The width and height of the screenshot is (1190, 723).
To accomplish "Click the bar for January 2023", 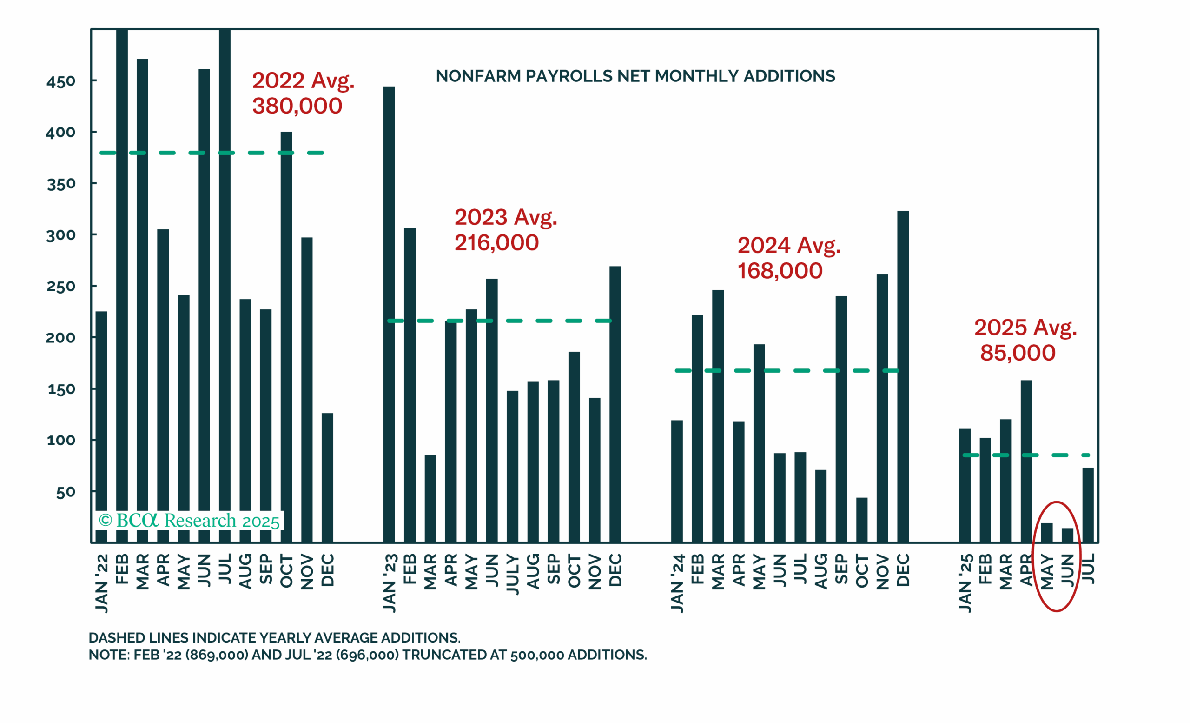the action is click(389, 314).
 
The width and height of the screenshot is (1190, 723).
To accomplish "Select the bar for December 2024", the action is click(903, 376).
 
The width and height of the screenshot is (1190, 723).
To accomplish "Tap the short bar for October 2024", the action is click(862, 520).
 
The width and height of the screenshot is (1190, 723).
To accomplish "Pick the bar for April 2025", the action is click(1026, 461).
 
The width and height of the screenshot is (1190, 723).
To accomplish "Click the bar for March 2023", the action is click(430, 499).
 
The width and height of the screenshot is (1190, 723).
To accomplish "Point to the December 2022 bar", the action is click(327, 477).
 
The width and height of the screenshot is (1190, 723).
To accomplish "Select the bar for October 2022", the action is click(286, 337).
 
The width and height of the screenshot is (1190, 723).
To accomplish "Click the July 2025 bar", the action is click(1088, 505).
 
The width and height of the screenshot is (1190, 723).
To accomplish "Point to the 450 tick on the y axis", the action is click(61, 81).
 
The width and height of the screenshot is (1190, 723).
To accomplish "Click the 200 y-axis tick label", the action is click(61, 337).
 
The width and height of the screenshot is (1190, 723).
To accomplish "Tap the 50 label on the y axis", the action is click(66, 492).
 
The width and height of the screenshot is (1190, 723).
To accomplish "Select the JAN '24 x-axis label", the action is click(677, 584).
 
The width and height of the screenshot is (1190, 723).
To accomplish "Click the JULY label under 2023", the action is click(512, 574).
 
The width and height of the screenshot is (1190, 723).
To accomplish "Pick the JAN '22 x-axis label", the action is click(101, 584).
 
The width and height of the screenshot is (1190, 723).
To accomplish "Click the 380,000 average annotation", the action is click(297, 106).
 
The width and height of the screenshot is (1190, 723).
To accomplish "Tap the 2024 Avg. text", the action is click(789, 246).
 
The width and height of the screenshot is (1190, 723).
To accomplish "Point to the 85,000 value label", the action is click(1018, 353).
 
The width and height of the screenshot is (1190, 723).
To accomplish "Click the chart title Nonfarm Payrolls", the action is click(635, 76).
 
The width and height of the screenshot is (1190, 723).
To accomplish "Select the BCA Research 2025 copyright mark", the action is click(189, 521).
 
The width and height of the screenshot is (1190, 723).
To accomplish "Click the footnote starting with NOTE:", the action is click(368, 655).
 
